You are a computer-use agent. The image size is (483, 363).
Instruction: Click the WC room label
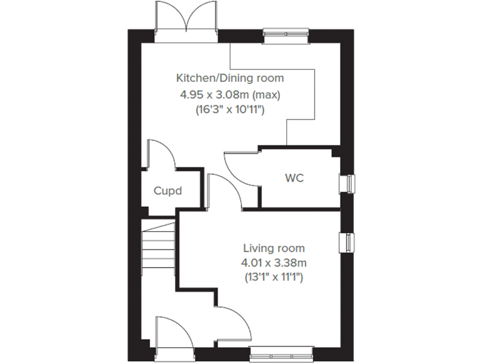[x=294, y=178]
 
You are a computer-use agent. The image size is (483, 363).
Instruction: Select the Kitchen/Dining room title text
[x=230, y=78]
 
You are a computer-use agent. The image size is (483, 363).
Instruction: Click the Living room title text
[x=274, y=248]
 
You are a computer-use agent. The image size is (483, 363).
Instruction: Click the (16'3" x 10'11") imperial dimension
[x=230, y=110]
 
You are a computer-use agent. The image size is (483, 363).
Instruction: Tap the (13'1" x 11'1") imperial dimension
[x=274, y=276]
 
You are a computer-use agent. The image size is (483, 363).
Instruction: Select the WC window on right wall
[x=347, y=183]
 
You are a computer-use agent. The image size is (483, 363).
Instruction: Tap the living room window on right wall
[x=347, y=242]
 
